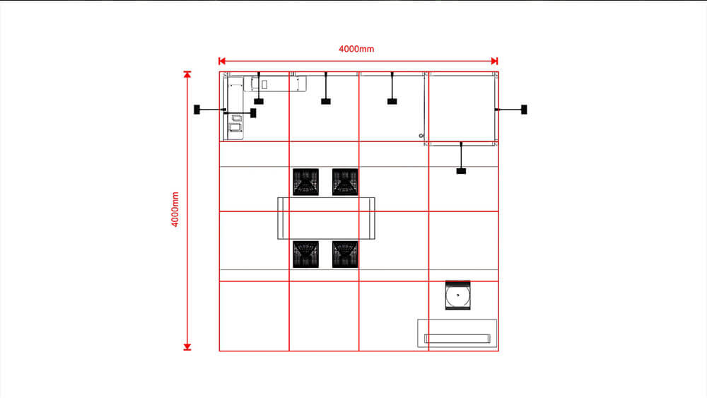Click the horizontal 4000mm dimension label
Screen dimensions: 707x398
tap(356, 49)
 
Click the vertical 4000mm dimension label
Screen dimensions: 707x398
tap(175, 209)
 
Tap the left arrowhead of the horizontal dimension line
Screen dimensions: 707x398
tap(222, 61)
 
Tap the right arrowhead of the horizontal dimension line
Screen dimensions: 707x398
tap(495, 61)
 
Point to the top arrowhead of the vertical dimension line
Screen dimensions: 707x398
tap(187, 74)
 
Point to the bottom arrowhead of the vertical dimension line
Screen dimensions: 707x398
tap(187, 347)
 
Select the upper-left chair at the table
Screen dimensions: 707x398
tap(305, 182)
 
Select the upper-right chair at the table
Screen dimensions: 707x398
tap(345, 182)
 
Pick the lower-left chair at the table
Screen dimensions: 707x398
tap(305, 254)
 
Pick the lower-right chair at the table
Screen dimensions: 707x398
tap(345, 254)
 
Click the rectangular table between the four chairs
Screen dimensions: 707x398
tap(326, 218)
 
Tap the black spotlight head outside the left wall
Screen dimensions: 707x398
tap(197, 110)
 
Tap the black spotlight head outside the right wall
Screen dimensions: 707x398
tap(524, 110)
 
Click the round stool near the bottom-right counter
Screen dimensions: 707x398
tap(457, 295)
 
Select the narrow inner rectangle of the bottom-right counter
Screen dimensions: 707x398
tap(457, 339)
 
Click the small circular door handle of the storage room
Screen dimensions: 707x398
tap(421, 136)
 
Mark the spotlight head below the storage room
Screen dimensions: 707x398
tap(461, 171)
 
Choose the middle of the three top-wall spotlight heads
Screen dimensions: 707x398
tap(325, 101)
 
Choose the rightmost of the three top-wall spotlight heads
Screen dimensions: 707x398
tap(392, 101)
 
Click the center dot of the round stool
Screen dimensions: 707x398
tap(457, 295)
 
